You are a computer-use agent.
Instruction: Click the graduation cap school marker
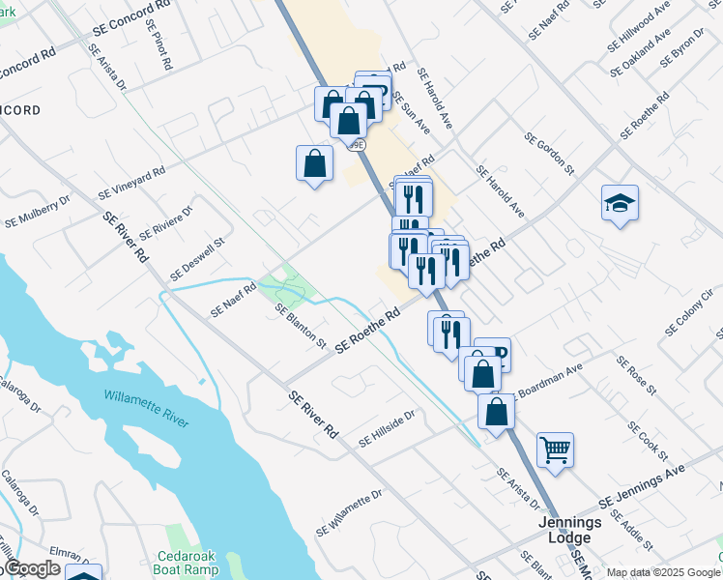pos(620,204)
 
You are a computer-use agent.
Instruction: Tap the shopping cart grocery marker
pos(555,449)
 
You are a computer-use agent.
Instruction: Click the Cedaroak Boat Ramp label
pos(195,563)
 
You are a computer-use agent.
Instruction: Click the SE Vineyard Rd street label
pos(130,181)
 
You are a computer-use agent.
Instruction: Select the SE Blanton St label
pos(300,326)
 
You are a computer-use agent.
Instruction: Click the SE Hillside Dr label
pos(386,428)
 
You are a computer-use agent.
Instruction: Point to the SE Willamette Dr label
pos(349,513)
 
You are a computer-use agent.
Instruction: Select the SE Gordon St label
pos(549,153)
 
